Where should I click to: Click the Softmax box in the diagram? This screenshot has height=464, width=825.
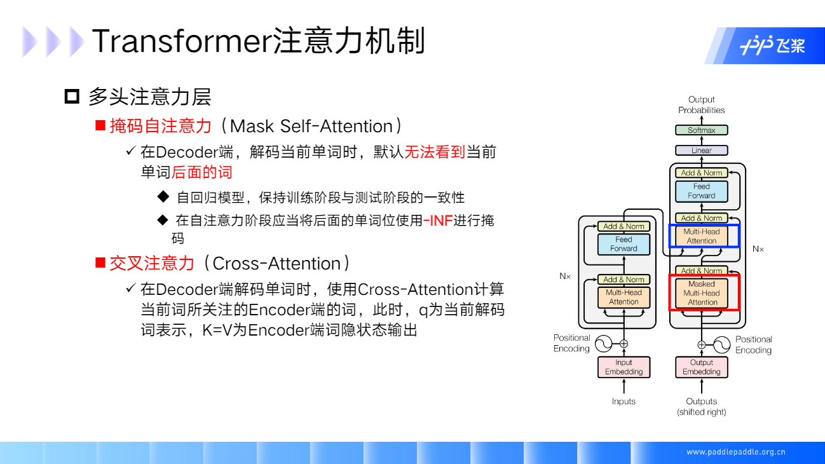point(701,130)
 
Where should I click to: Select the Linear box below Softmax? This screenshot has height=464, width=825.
point(701,151)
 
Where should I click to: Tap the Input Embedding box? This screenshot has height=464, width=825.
point(624,367)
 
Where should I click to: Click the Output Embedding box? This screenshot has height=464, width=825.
point(701,367)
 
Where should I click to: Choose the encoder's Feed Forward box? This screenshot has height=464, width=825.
point(624,244)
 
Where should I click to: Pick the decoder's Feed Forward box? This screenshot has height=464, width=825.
point(701,191)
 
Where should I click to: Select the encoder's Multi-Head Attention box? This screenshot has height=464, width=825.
point(624,297)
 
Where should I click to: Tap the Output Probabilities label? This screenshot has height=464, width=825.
point(701,105)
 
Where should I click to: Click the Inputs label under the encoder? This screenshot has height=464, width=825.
point(624,401)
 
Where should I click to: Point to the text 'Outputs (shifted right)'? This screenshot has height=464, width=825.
point(701,407)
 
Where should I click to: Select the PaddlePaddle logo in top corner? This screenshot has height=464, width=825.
point(772,46)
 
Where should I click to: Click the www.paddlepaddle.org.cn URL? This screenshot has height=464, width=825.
point(735,452)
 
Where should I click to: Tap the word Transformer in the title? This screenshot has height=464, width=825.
point(182,41)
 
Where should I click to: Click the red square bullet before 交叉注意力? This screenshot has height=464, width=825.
point(100,263)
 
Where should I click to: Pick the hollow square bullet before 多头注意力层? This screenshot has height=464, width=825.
point(72,97)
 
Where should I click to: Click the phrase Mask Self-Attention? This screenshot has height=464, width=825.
point(311,126)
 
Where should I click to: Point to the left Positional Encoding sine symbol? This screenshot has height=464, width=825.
point(603,344)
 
